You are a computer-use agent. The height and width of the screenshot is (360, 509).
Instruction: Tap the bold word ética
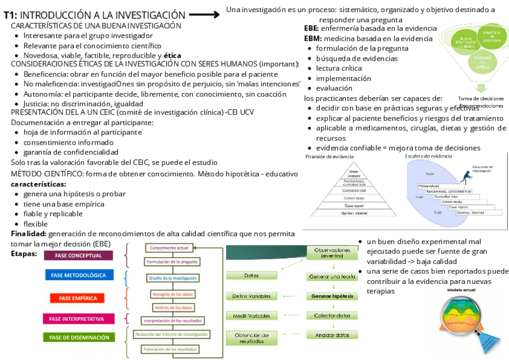coord(172,55)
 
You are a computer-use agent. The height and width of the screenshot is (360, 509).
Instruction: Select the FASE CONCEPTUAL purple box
coord(79,255)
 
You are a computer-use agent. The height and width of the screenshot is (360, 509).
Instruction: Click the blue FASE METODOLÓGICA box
coord(79,275)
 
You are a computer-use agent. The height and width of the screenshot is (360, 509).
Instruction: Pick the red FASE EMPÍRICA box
coord(78,298)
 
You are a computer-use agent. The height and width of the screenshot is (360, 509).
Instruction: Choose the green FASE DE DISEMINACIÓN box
coord(79,337)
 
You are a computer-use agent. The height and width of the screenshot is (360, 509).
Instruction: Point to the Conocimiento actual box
coord(169,248)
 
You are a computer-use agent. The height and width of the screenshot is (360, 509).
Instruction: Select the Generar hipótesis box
coord(332,296)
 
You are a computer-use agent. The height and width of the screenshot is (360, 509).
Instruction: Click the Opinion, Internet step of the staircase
coord(470,212)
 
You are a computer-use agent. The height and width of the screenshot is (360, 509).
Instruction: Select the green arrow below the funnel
coord(480,88)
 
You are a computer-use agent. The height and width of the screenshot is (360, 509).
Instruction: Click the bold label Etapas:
coord(24,254)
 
